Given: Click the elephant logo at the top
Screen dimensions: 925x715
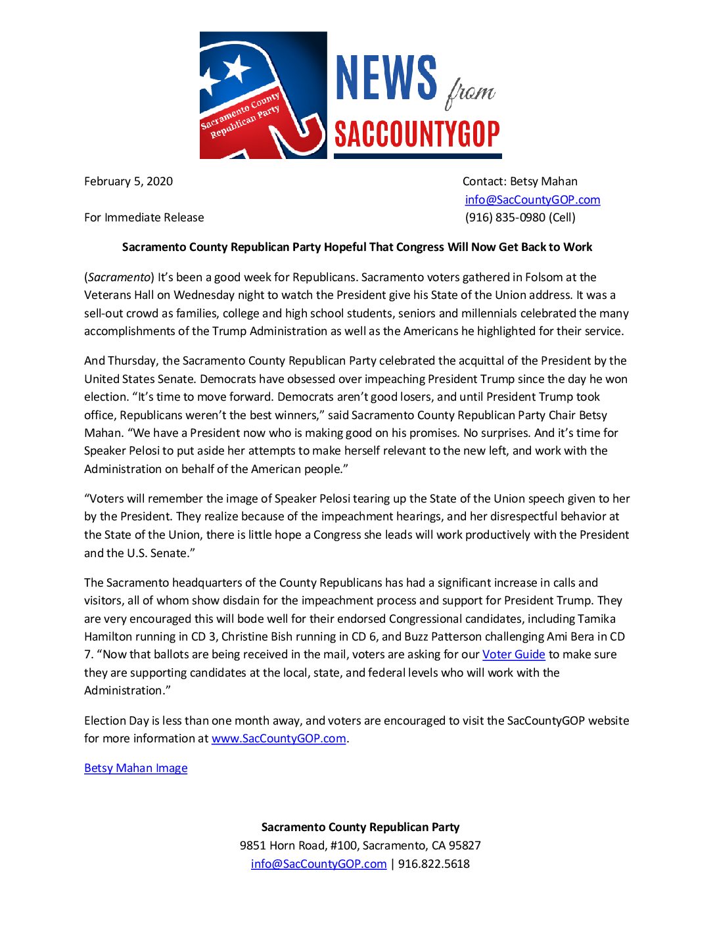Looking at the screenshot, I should (x=263, y=95).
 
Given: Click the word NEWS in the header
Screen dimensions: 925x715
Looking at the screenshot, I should (x=386, y=78).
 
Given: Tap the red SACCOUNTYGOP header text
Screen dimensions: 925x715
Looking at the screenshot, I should (x=417, y=135).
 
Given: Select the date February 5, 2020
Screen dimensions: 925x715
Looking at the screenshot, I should (x=128, y=181).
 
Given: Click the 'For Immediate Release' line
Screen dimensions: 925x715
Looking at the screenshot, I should (x=144, y=217).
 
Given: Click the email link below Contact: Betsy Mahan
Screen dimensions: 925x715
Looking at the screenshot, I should (x=532, y=200).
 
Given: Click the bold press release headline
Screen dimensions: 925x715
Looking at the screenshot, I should (x=357, y=247).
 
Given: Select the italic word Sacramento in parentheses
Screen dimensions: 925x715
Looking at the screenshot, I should (x=119, y=277).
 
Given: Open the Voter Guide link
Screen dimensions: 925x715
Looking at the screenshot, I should (x=513, y=654).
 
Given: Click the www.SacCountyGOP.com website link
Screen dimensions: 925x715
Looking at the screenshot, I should (x=279, y=738).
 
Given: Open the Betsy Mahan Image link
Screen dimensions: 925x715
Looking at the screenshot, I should (x=136, y=768).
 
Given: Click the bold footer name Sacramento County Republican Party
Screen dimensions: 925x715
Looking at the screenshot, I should (x=360, y=827).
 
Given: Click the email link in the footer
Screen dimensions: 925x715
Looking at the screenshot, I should (x=319, y=864).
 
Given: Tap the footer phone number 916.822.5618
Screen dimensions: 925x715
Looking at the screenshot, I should (x=434, y=864).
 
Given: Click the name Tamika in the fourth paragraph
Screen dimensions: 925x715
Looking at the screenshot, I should (x=597, y=619).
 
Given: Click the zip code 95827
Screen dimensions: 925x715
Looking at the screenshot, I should (x=465, y=846).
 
